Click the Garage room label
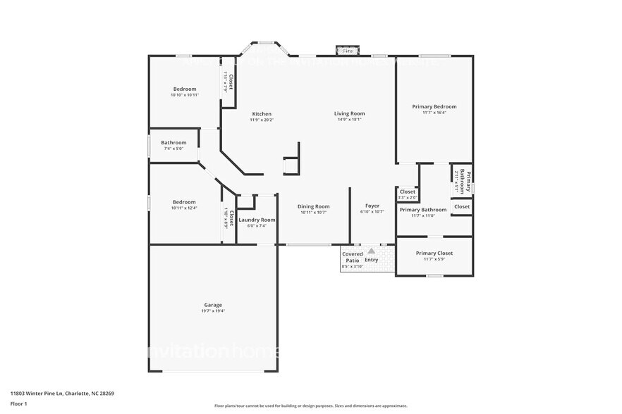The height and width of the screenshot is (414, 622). point(213,305)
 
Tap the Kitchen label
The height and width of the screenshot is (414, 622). point(262,114)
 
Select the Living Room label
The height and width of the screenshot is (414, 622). point(349,113)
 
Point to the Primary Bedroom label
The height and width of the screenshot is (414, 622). point(434,106)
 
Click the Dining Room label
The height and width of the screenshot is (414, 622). point(314,206)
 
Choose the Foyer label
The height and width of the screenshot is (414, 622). point(372,206)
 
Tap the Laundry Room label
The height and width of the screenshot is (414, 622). point(257,220)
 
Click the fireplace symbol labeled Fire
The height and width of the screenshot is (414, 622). point(347,51)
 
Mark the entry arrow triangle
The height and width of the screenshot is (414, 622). point(371,250)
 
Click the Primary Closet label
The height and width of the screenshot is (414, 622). point(434,253)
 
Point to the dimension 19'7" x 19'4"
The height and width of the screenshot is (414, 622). point(213,311)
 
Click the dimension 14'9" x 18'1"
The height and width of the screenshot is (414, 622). point(349,120)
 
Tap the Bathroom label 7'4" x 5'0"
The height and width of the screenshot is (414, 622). point(173,142)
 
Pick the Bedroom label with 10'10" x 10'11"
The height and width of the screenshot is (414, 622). point(185,89)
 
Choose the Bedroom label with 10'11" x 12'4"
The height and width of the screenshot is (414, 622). point(185,202)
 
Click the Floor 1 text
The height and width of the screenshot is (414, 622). point(18,403)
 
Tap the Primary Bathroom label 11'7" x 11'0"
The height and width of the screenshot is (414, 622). point(423,209)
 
